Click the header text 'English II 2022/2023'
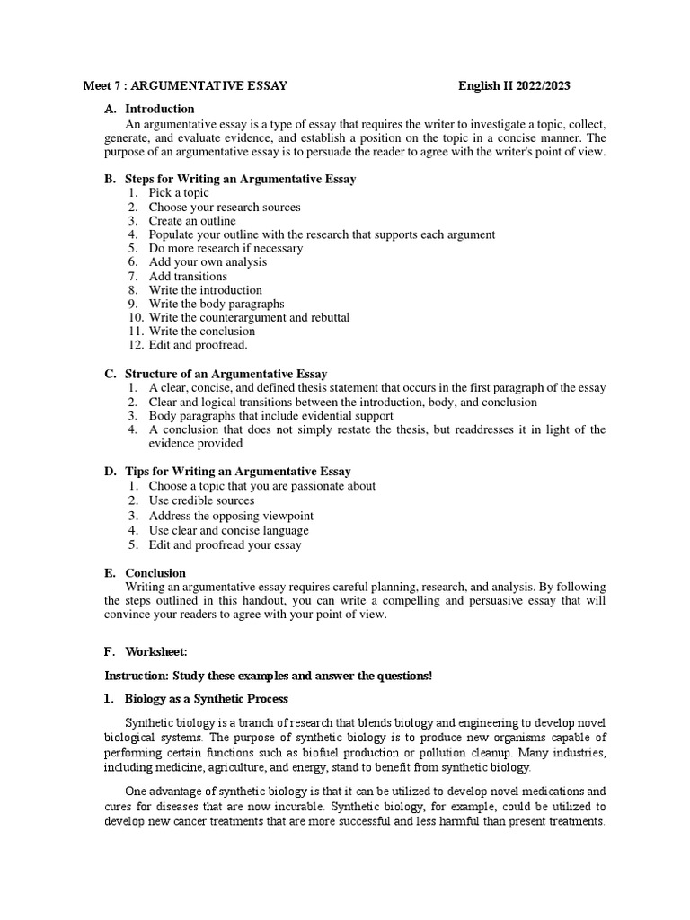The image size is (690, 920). pyautogui.click(x=514, y=86)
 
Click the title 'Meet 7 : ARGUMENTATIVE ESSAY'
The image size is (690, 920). pyautogui.click(x=185, y=86)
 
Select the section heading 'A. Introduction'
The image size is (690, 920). pyautogui.click(x=149, y=109)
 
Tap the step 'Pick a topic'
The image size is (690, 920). pyautogui.click(x=179, y=192)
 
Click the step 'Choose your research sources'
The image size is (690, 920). pyautogui.click(x=225, y=207)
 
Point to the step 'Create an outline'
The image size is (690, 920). pyautogui.click(x=192, y=220)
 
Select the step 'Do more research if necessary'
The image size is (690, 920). pyautogui.click(x=226, y=248)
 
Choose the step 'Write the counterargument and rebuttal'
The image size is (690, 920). pyautogui.click(x=249, y=317)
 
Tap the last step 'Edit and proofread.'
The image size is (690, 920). pyautogui.click(x=198, y=345)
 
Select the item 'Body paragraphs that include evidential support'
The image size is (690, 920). pyautogui.click(x=270, y=416)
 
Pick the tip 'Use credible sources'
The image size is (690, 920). pyautogui.click(x=201, y=500)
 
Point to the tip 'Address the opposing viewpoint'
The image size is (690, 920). pyautogui.click(x=231, y=516)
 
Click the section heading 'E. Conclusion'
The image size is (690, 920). pyautogui.click(x=146, y=573)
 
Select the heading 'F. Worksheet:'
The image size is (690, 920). pyautogui.click(x=147, y=651)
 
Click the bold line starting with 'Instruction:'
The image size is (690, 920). pyautogui.click(x=269, y=676)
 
